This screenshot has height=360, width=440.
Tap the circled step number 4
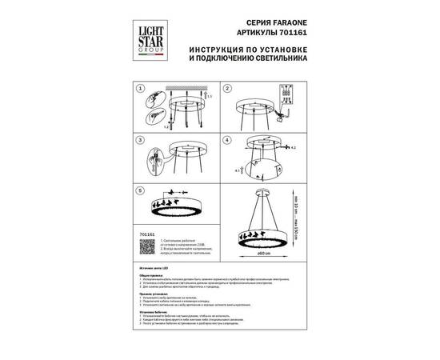[x=227, y=139]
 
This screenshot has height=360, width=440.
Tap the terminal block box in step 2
[x=282, y=96]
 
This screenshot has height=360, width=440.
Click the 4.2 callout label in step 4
[x=294, y=148]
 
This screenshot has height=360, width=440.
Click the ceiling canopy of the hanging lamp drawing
[x=262, y=192]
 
